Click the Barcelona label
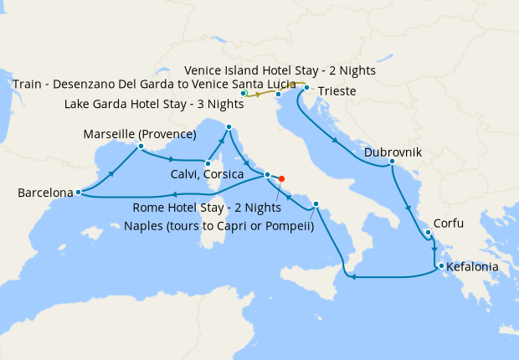click(45, 193)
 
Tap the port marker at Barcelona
click(78, 192)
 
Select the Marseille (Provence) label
click(140, 135)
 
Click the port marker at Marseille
click(141, 147)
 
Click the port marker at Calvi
click(208, 162)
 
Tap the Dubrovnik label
click(393, 153)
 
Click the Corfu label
click(448, 224)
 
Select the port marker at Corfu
click(427, 233)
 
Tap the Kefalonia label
click(473, 268)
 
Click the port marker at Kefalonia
click(438, 267)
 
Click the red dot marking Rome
click(281, 178)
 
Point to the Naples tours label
click(219, 225)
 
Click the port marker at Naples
click(316, 205)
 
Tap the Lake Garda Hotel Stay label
click(154, 105)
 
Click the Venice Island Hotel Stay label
click(280, 71)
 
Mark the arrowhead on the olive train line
click(258, 95)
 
